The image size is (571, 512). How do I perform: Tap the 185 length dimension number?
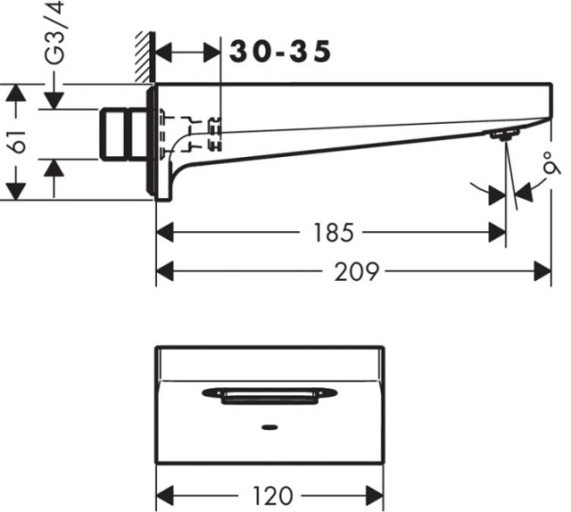331,231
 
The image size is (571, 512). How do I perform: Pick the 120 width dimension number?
272,496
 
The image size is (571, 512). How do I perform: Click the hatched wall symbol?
145,57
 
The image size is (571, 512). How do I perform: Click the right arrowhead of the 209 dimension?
544,272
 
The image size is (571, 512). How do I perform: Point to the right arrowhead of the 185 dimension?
498,231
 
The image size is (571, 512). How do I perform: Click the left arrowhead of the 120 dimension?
164,496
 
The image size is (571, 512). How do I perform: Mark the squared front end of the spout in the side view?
548,101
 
